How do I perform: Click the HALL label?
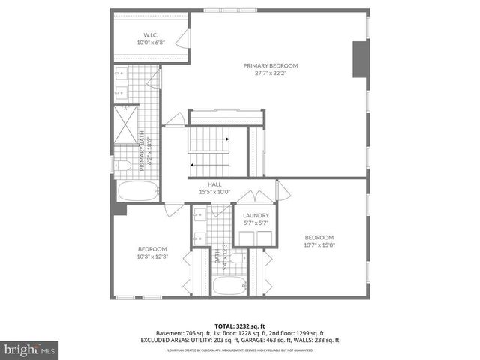(x=214, y=184)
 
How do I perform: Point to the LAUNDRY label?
(x=255, y=214)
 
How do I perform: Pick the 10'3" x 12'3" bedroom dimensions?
(x=151, y=256)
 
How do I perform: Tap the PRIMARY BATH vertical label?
(x=142, y=150)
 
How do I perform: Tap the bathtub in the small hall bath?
(x=226, y=285)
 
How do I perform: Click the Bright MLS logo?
(x=30, y=350)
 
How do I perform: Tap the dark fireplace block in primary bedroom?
(x=358, y=59)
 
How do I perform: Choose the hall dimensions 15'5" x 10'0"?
(x=214, y=192)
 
